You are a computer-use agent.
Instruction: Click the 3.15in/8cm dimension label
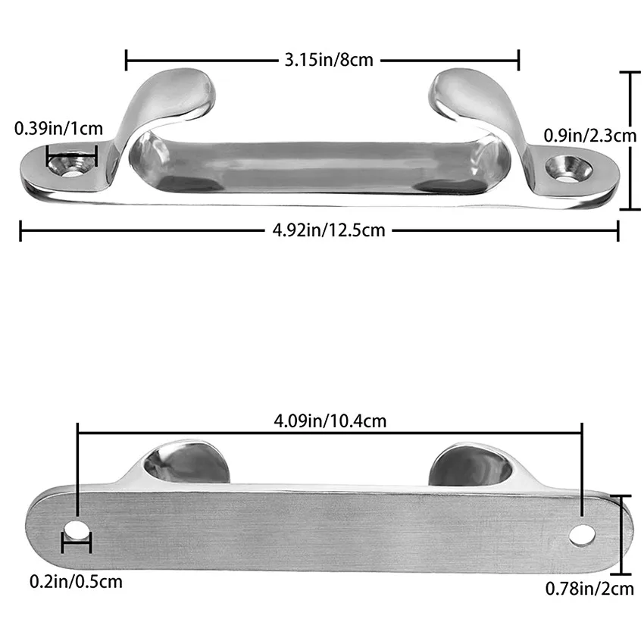(329, 59)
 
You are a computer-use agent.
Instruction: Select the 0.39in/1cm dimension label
(58, 129)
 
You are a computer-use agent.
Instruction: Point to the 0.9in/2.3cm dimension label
(590, 136)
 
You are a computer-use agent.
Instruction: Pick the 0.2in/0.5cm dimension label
(76, 582)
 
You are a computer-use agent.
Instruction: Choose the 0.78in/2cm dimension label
(589, 588)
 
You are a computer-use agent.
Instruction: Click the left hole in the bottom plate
(76, 528)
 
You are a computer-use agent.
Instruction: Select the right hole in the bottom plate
(582, 533)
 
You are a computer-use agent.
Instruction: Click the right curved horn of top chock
(470, 95)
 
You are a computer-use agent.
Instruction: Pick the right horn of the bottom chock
(470, 464)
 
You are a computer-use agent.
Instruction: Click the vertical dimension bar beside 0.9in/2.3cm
(630, 140)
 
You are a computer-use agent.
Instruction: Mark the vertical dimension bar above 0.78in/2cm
(622, 534)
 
